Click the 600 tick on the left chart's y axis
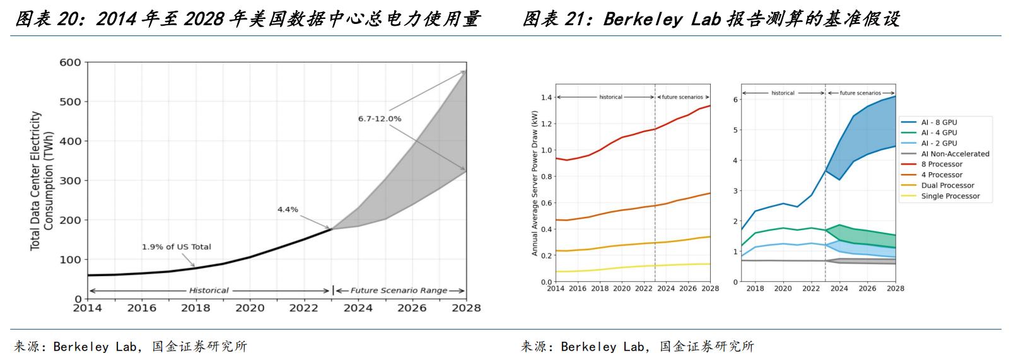click(70, 62)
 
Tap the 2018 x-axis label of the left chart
click(196, 308)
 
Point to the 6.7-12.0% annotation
click(379, 119)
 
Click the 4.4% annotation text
click(288, 209)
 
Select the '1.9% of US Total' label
click(177, 247)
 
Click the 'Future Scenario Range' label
click(399, 291)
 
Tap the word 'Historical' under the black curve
click(209, 291)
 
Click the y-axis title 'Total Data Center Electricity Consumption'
click(42, 180)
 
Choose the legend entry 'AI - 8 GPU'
click(939, 122)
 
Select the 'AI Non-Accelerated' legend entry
click(955, 154)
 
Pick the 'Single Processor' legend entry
click(950, 196)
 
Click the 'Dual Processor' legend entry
click(947, 185)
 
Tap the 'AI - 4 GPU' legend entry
click(939, 133)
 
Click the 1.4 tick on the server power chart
click(546, 98)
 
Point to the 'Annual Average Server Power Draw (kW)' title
click(535, 183)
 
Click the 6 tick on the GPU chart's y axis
click(735, 100)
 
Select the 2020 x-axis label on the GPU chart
click(783, 288)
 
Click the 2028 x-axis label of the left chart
click(467, 308)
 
